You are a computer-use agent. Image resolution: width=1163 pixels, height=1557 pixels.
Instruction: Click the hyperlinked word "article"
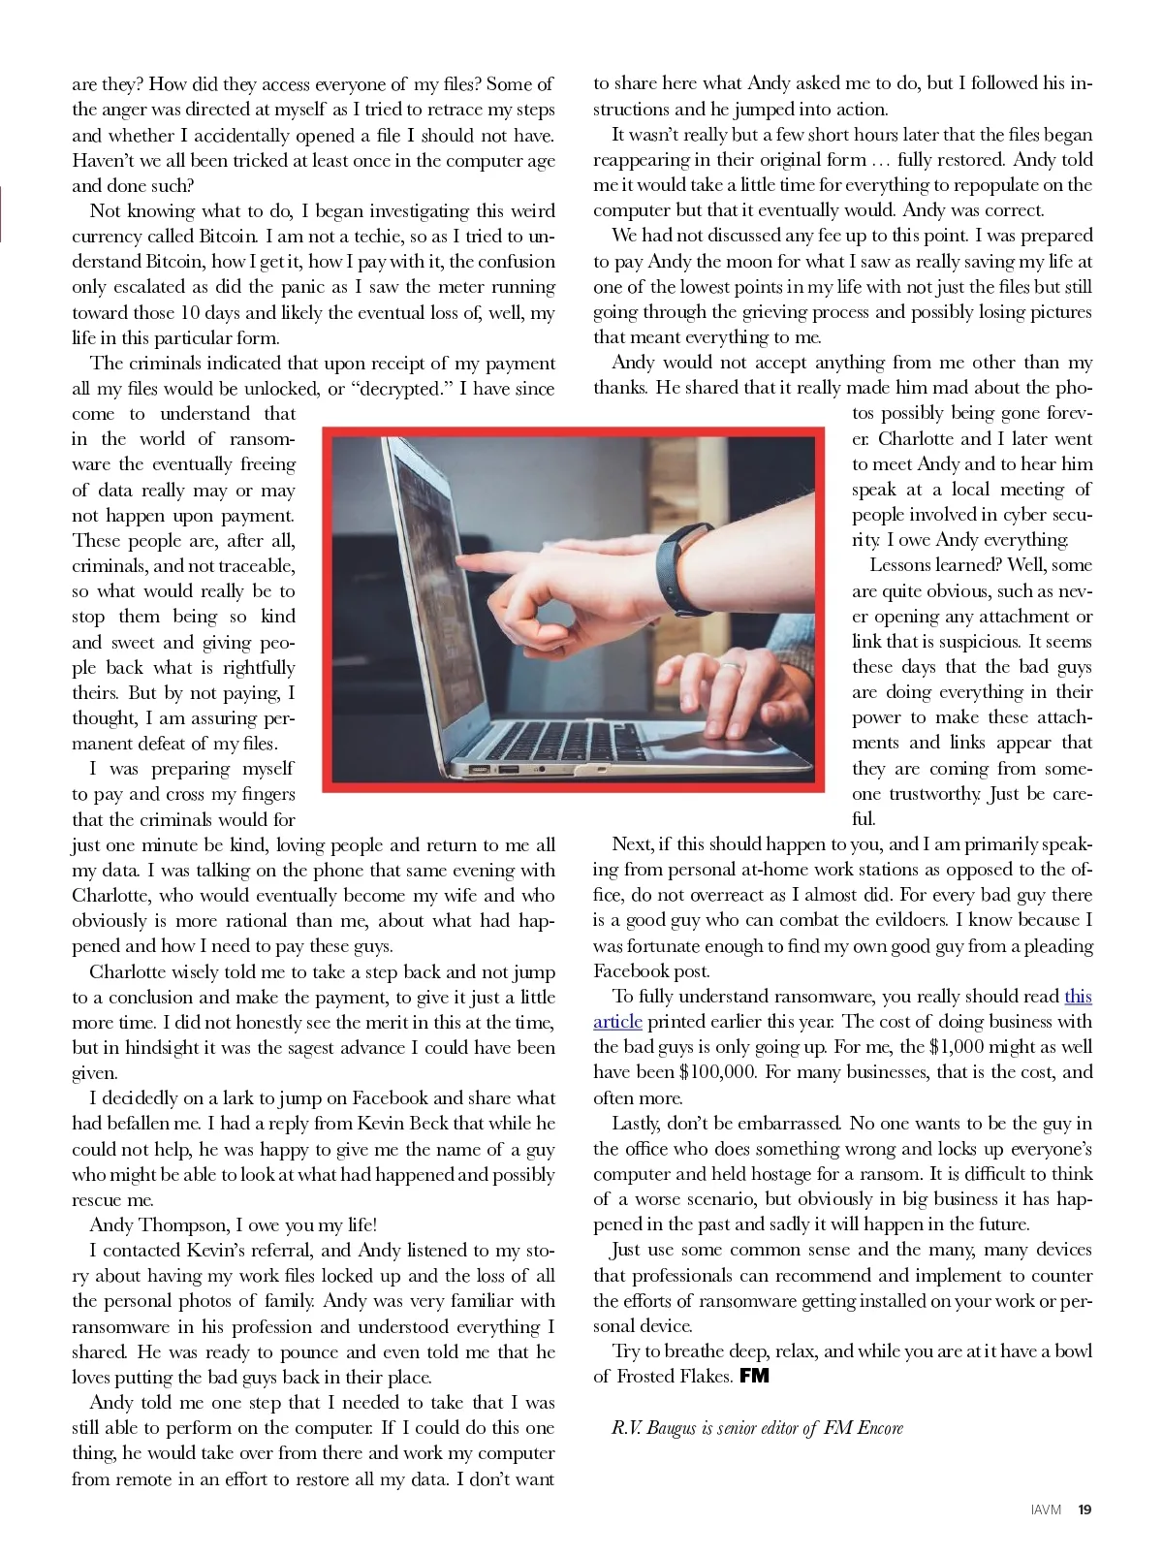(617, 1022)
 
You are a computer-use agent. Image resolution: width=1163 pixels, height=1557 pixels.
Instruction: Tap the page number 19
(1084, 1509)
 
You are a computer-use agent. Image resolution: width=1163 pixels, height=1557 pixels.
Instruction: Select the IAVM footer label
(1047, 1509)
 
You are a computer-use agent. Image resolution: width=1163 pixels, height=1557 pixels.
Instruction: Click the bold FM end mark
(754, 1376)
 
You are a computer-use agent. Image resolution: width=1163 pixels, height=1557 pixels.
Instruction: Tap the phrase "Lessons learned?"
(934, 565)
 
